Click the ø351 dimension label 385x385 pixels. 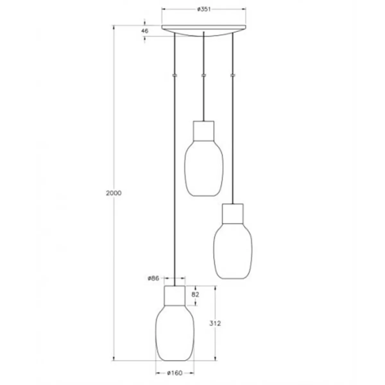coord(203,9)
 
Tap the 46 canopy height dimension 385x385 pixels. coord(145,31)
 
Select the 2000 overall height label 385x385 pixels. coord(114,193)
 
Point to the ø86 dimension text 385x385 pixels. coord(153,278)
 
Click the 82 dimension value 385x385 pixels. coord(196,295)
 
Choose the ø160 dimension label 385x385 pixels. coord(175,373)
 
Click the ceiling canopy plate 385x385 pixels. coord(204,29)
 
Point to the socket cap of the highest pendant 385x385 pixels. coord(203,131)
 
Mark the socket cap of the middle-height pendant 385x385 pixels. coord(233,213)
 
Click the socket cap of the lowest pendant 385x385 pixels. coord(175,295)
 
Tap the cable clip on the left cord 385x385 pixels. coord(175,75)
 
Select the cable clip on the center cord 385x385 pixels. coord(203,75)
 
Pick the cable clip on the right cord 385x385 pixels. coord(233,75)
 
